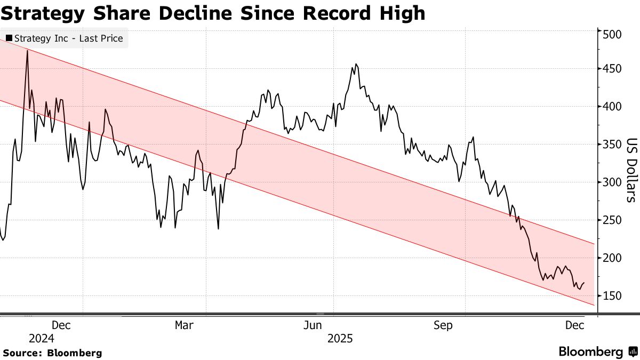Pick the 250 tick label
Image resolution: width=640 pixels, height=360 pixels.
pos(612,221)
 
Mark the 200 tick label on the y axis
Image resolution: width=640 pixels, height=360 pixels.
pos(612,259)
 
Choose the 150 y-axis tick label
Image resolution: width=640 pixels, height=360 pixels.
pos(612,297)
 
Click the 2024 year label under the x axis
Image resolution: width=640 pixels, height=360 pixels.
pos(42,339)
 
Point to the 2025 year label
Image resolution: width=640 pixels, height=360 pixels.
pos(340,339)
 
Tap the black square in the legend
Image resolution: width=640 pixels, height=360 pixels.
pos(9,38)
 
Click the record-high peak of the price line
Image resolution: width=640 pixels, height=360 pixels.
pos(27,51)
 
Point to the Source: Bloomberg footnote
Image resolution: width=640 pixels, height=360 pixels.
pos(52,353)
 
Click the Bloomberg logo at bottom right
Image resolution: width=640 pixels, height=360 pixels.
pos(597,352)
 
